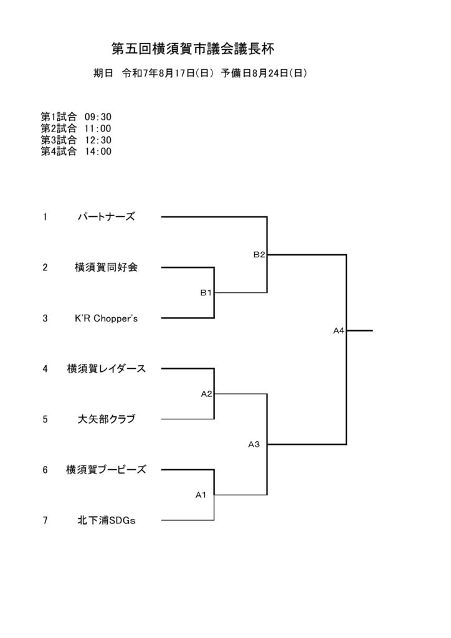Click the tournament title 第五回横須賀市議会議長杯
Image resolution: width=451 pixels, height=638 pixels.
point(193,49)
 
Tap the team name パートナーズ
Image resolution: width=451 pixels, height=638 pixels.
point(106,217)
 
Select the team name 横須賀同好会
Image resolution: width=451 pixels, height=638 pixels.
point(106,267)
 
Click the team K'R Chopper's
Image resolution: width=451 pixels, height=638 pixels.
point(106,318)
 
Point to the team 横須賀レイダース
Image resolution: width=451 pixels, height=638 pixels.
point(106,369)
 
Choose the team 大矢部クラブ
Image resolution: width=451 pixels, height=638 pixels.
point(106,419)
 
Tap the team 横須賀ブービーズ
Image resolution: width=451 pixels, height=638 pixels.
point(106,470)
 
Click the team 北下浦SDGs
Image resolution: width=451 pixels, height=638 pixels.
point(106,520)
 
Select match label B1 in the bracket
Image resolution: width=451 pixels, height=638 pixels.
point(206,293)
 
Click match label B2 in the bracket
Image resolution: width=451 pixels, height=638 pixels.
point(259,255)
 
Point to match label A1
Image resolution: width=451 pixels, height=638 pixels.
point(201,495)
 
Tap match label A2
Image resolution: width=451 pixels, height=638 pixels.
point(207,394)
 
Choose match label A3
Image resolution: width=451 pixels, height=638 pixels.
point(254,444)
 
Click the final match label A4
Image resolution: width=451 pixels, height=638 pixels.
point(339,331)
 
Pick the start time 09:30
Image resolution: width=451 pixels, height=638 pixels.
point(98,117)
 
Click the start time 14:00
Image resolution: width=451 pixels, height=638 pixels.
point(98,151)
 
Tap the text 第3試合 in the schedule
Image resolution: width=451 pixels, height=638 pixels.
point(59,140)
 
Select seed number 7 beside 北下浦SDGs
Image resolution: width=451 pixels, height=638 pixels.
point(45,520)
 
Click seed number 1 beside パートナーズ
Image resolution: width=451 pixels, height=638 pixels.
point(45,217)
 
